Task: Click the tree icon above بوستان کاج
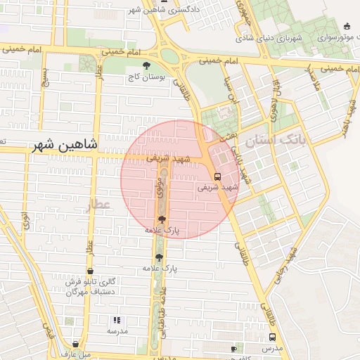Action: [146, 66]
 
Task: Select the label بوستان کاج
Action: [146, 77]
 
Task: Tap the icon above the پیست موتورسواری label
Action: [347, 27]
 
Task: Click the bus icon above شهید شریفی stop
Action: [217, 176]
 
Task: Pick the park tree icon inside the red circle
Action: [162, 219]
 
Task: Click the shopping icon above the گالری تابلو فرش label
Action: [90, 271]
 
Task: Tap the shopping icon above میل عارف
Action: [75, 344]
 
